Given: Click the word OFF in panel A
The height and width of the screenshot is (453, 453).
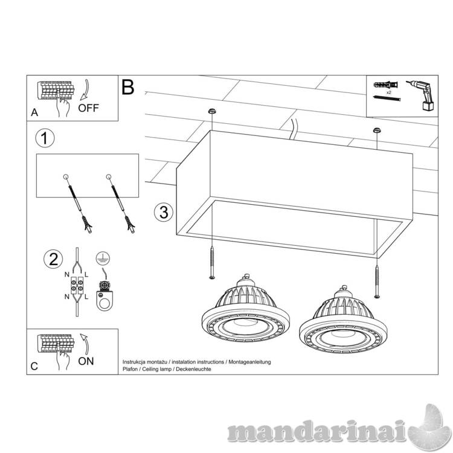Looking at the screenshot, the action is pos(88,108).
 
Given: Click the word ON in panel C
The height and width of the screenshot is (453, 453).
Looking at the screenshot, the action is pos(86,361).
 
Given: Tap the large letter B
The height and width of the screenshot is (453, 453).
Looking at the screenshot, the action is pos(128,87).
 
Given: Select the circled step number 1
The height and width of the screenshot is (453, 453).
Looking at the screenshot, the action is pos(45,138).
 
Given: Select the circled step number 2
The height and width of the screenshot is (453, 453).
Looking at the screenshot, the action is pos(53,259).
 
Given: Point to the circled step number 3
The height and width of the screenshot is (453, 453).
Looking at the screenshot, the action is pos(164,212).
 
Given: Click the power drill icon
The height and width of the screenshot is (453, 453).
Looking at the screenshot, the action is pos(422,95).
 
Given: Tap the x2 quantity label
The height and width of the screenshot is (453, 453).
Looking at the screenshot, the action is pos(389,92).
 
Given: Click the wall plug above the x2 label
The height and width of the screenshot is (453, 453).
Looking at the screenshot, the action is pos(386,85).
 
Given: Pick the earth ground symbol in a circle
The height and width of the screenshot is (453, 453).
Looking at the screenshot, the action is pos(103,258).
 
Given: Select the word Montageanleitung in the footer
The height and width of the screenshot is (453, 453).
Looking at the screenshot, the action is pos(249,362).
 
